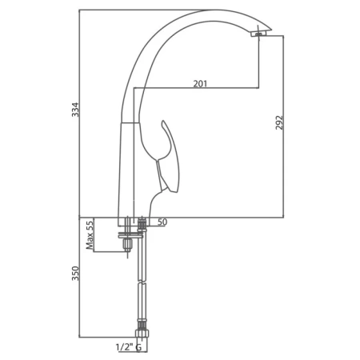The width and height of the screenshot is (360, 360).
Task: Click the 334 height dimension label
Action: click(x=76, y=110)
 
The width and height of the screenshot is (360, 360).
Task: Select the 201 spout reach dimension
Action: click(x=200, y=84)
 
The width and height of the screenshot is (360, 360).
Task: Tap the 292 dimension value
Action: click(x=279, y=122)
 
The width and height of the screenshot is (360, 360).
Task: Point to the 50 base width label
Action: click(x=162, y=222)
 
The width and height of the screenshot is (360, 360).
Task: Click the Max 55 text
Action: click(x=90, y=234)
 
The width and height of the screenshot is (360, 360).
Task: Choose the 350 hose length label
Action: click(x=75, y=274)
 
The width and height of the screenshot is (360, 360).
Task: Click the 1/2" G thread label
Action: click(x=128, y=347)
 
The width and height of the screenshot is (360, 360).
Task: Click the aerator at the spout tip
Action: click(x=258, y=34)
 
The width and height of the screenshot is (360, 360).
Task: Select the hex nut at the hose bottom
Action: click(x=142, y=334)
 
